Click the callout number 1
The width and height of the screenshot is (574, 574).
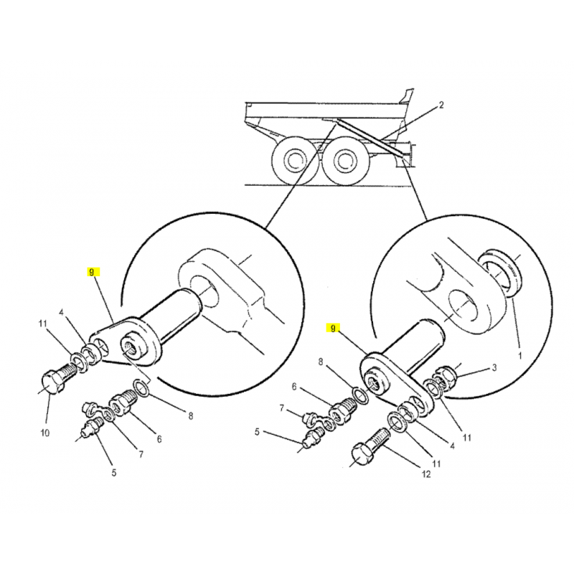[519, 355]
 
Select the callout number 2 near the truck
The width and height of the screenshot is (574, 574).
[441, 105]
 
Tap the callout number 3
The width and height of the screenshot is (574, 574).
[494, 367]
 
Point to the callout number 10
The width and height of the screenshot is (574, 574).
[44, 433]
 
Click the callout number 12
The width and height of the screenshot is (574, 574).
[426, 474]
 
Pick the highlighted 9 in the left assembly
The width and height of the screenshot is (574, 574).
[92, 273]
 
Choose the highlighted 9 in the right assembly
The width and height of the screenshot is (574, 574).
[333, 329]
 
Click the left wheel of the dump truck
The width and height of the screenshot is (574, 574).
[293, 160]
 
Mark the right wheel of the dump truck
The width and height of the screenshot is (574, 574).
[344, 160]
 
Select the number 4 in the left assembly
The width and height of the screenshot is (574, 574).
[62, 313]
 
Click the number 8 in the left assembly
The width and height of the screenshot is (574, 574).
[191, 416]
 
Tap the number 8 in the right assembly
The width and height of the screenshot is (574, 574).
[321, 362]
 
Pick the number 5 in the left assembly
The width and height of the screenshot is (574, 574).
[114, 473]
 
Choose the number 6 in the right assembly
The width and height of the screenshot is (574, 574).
[294, 387]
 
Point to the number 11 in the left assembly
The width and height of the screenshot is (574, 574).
[43, 324]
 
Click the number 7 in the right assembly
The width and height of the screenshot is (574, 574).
[281, 408]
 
